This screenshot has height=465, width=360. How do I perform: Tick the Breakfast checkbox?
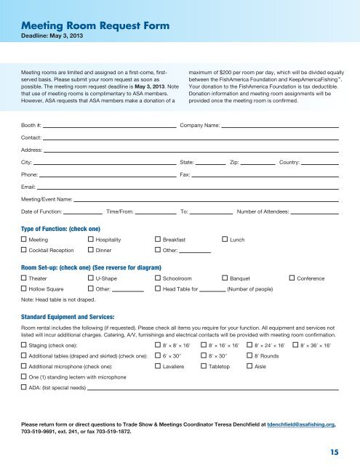pyautogui.click(x=158, y=239)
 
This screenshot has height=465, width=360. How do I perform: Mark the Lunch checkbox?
pyautogui.click(x=224, y=239)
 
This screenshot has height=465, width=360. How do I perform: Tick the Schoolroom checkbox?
pyautogui.click(x=158, y=278)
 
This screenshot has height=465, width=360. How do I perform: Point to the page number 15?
pyautogui.click(x=332, y=450)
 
